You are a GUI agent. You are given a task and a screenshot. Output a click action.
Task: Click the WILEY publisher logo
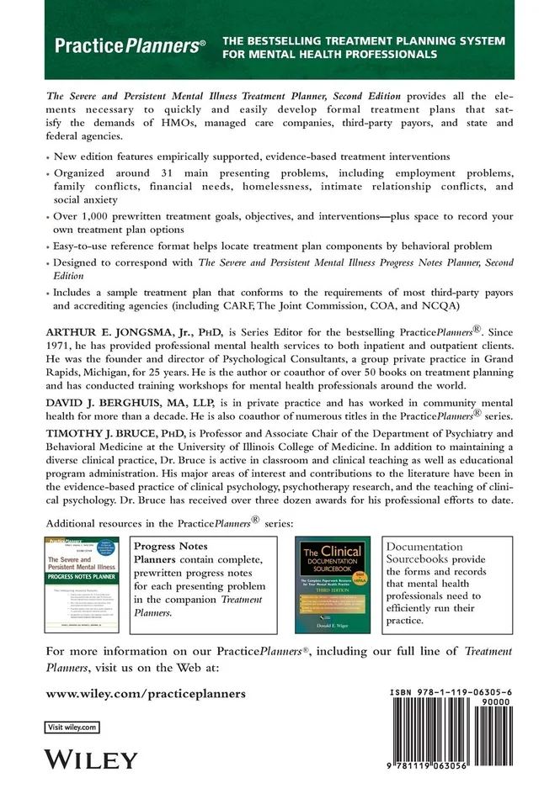point(90,760)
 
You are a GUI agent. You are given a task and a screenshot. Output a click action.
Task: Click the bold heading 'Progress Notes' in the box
point(173,546)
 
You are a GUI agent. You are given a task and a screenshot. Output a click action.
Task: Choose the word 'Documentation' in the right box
point(424,546)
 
